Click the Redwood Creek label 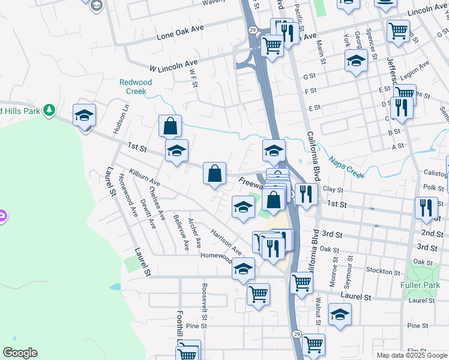coord(136,87)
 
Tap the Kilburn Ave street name coord(144,176)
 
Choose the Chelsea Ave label coord(158,205)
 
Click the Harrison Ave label coord(226,241)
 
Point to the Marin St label coord(321,52)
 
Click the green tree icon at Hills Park coord(50,110)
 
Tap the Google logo coord(20,353)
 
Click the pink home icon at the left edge coord(2,215)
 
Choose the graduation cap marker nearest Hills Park coord(84,115)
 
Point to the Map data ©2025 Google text coord(411,355)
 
